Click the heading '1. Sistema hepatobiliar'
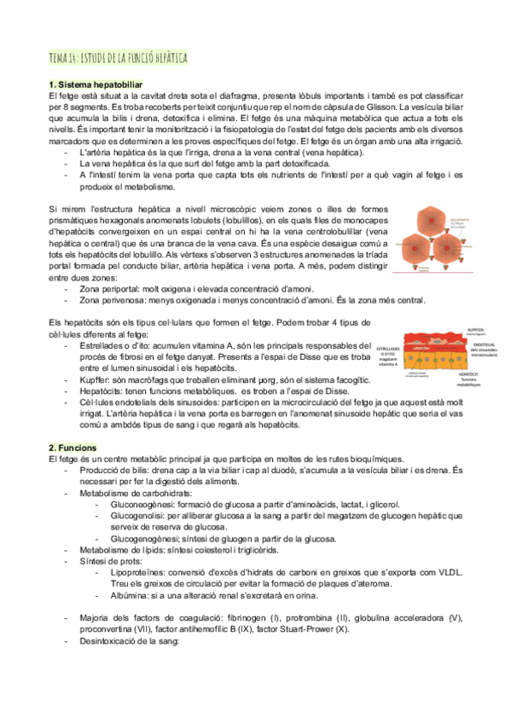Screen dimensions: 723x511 point(96,84)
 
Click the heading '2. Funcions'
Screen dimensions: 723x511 point(74,448)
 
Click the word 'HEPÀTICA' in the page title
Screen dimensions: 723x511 point(165,58)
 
